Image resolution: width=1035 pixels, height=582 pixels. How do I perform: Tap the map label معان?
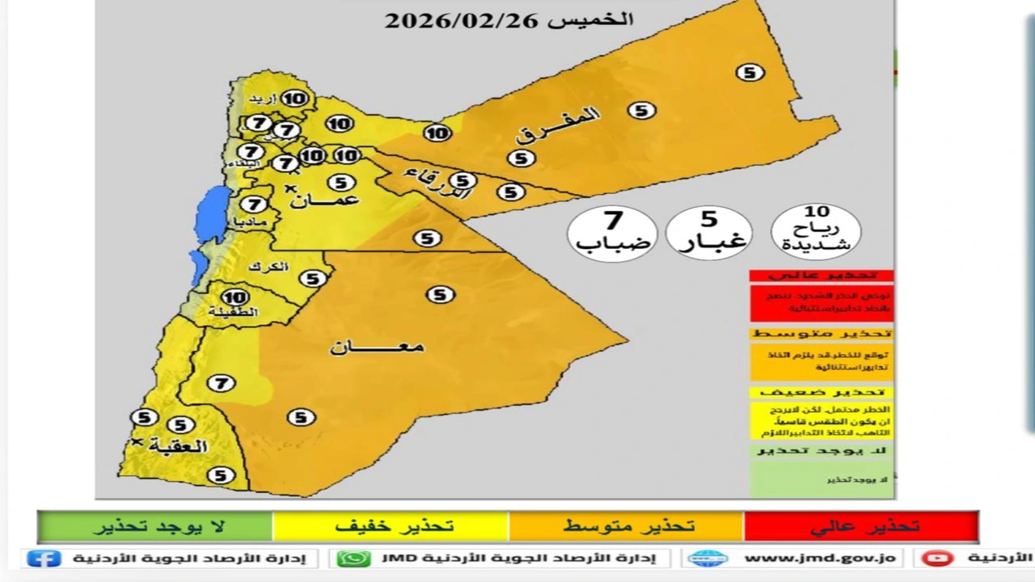(377, 348)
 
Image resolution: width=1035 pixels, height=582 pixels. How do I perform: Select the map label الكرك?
(268, 268)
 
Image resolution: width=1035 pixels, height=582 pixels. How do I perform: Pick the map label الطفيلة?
(233, 312)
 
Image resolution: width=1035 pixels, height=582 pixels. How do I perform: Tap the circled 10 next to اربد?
(294, 99)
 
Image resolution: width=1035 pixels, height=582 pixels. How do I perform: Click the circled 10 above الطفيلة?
(235, 297)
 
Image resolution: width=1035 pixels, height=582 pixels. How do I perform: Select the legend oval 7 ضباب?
(613, 232)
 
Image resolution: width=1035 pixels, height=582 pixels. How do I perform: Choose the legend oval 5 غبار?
(708, 232)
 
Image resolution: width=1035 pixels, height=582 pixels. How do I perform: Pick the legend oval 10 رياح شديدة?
(817, 230)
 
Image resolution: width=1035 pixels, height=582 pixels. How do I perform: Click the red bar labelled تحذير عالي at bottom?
(861, 526)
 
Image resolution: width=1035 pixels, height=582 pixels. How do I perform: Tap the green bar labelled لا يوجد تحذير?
(155, 526)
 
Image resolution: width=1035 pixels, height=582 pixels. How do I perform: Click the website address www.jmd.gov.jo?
(818, 558)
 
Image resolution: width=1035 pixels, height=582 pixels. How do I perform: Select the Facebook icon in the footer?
(44, 558)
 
